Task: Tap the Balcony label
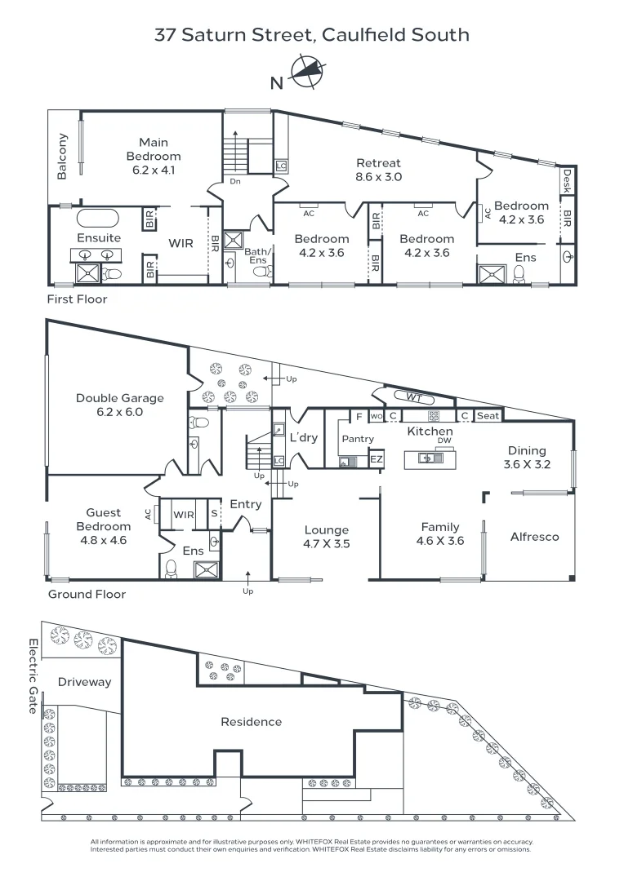pyautogui.click(x=62, y=156)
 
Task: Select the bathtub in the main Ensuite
pyautogui.click(x=98, y=219)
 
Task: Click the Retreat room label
pyautogui.click(x=379, y=163)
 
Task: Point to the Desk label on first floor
pyautogui.click(x=567, y=181)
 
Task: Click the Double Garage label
pyautogui.click(x=120, y=398)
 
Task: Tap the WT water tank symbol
pyautogui.click(x=414, y=397)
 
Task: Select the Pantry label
pyautogui.click(x=358, y=439)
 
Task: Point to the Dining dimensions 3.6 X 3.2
pyautogui.click(x=528, y=464)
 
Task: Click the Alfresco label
pyautogui.click(x=534, y=537)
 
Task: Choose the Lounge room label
pyautogui.click(x=327, y=530)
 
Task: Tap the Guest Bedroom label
pyautogui.click(x=104, y=519)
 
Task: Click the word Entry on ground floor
pyautogui.click(x=246, y=505)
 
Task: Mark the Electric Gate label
pyautogui.click(x=33, y=676)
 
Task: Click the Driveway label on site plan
pyautogui.click(x=84, y=682)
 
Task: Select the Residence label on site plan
pyautogui.click(x=252, y=721)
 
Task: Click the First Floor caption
pyautogui.click(x=77, y=299)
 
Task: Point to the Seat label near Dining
pyautogui.click(x=488, y=416)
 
